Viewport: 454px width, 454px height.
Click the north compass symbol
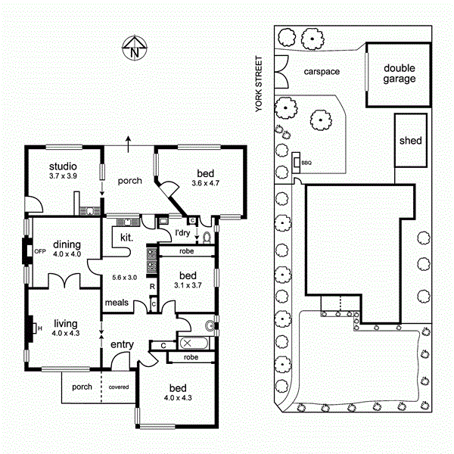(x=133, y=49)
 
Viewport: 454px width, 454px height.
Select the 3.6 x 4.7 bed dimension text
(x=204, y=182)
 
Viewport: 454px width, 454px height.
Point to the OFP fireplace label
(x=40, y=250)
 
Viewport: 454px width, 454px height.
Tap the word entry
(x=122, y=345)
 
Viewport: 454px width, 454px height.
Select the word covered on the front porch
(x=118, y=387)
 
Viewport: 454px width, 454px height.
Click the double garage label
(x=398, y=73)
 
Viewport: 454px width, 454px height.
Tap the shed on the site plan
(x=410, y=141)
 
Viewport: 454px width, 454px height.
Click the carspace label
(x=322, y=72)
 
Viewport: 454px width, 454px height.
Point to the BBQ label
(x=306, y=163)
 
